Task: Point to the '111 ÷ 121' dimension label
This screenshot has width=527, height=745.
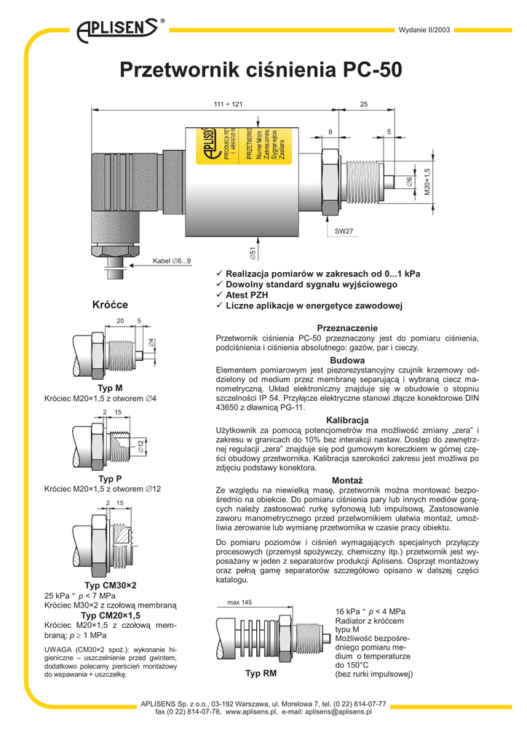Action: tap(228, 105)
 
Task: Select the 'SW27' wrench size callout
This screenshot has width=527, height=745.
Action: tap(344, 231)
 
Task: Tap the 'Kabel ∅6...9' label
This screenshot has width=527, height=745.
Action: tap(171, 260)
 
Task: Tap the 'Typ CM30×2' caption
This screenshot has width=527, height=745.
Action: tap(111, 585)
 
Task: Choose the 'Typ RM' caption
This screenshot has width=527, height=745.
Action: tap(261, 674)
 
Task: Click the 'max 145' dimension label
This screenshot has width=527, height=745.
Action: tap(239, 602)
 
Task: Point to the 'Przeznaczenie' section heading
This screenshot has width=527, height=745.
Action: tap(347, 328)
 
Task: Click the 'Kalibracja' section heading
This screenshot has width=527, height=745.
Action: tap(347, 421)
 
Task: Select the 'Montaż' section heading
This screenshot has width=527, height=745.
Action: tap(347, 481)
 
